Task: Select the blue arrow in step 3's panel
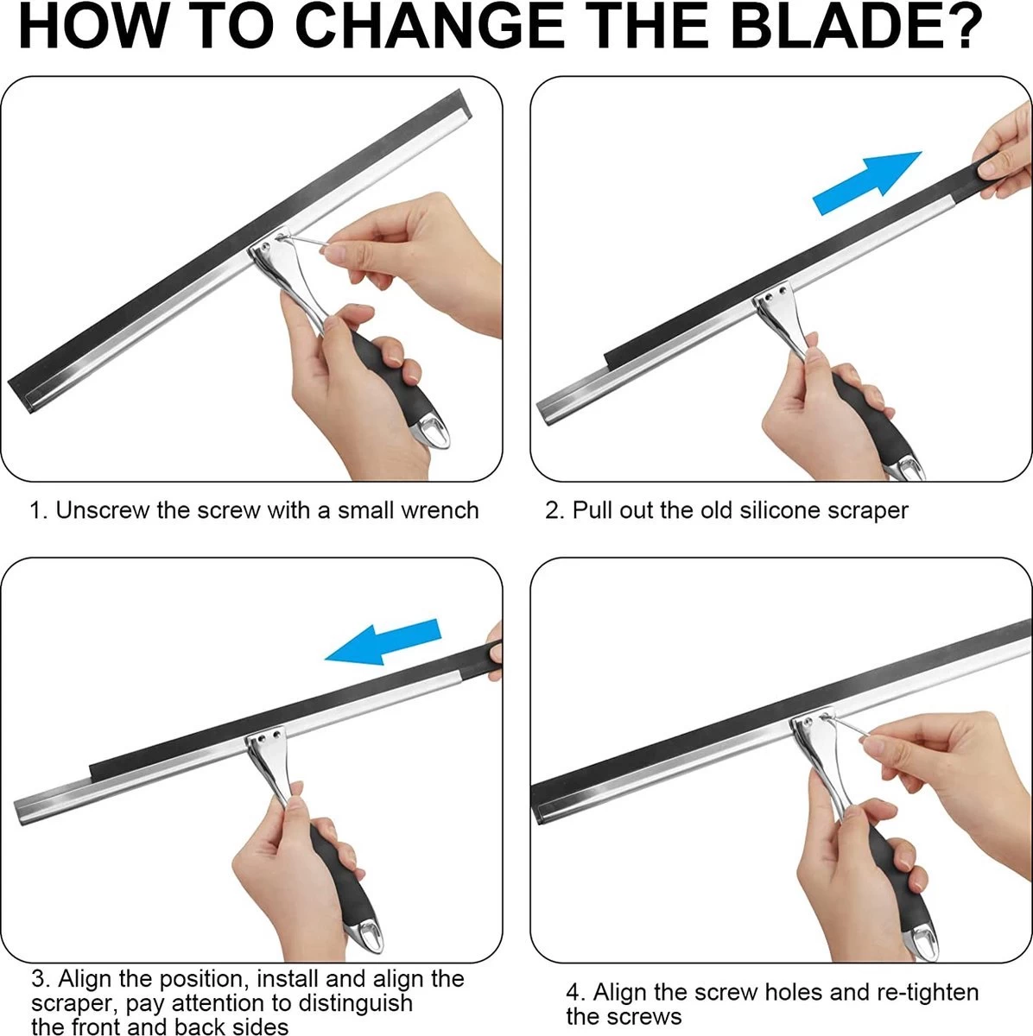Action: pyautogui.click(x=383, y=643)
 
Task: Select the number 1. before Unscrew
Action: pyautogui.click(x=40, y=511)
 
